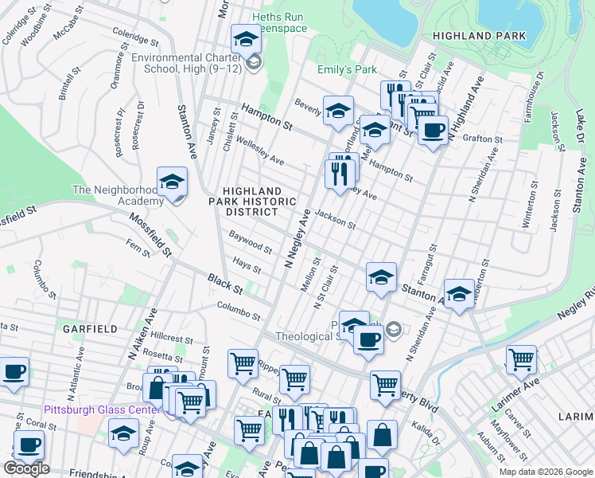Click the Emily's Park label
[x=347, y=70]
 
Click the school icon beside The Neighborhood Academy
[x=172, y=182]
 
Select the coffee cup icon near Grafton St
[x=433, y=131]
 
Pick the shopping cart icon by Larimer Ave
[x=521, y=359]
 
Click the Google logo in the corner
[x=26, y=468]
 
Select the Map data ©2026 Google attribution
[x=545, y=472]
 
